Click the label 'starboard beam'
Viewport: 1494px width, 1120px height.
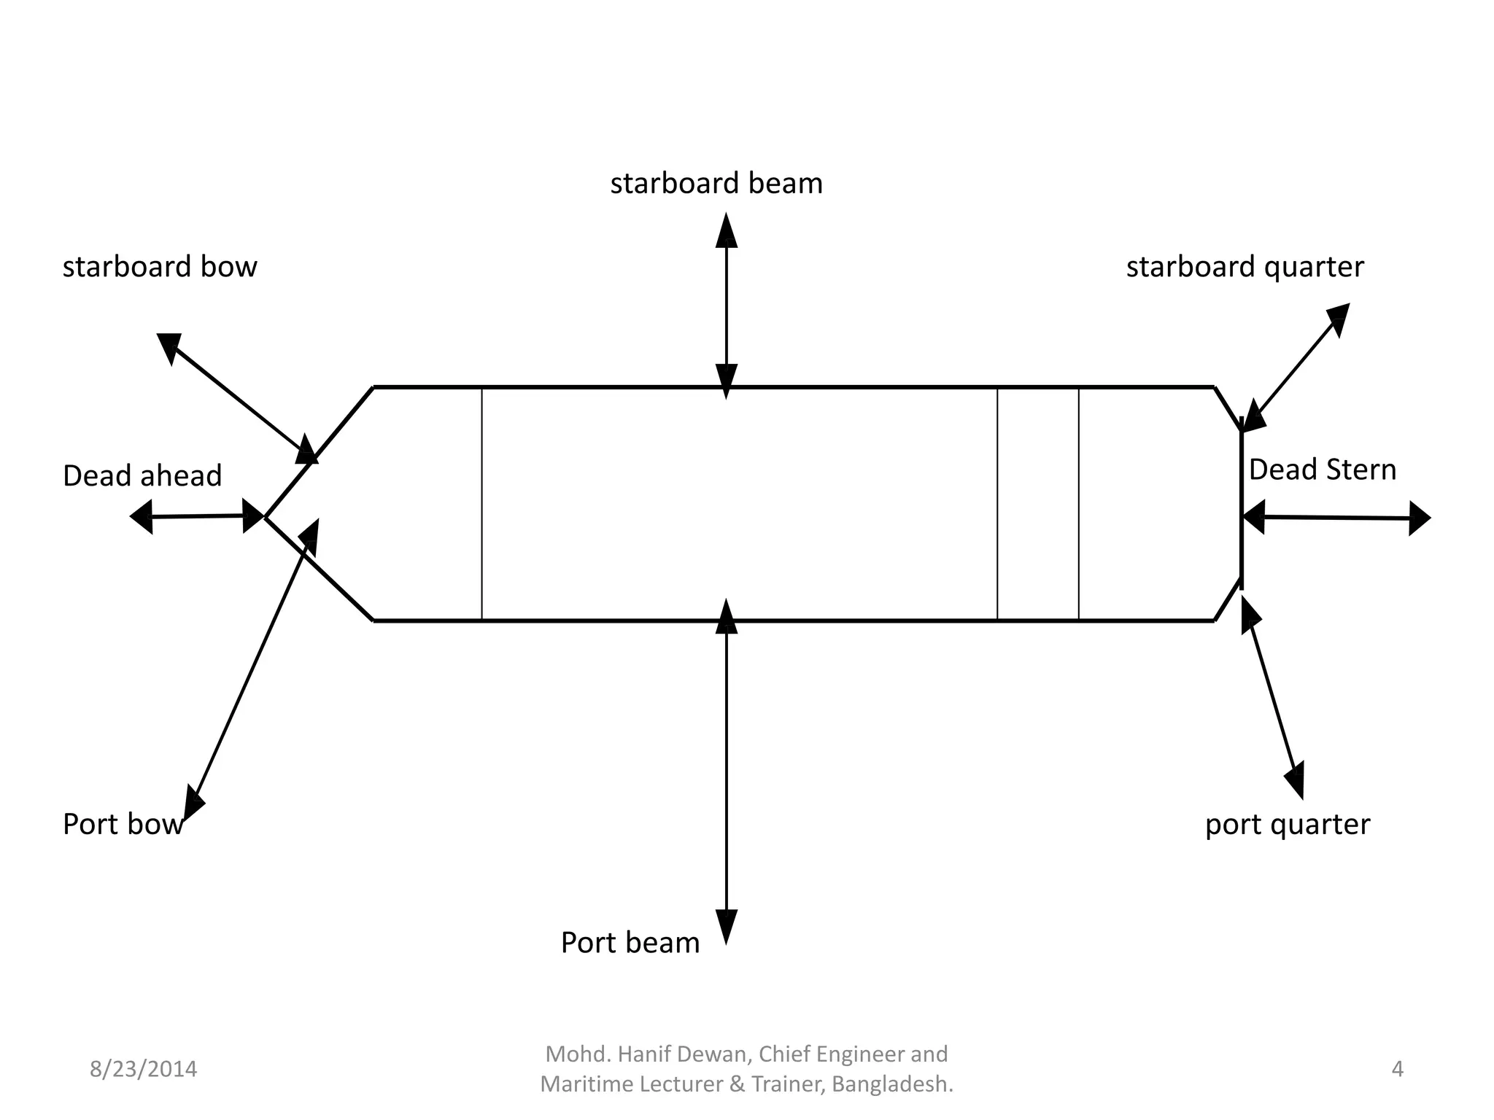[716, 184]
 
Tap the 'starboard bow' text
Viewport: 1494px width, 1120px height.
[160, 268]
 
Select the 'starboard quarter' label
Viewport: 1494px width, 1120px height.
[1245, 268]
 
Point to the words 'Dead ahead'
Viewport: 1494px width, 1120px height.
[142, 476]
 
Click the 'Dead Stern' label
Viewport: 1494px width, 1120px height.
[1322, 470]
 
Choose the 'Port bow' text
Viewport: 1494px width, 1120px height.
[122, 825]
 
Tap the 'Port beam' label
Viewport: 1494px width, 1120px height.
[630, 943]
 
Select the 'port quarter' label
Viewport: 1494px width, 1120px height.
[1288, 825]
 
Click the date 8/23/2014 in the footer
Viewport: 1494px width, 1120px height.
[143, 1069]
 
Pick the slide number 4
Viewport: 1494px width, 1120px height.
[1397, 1069]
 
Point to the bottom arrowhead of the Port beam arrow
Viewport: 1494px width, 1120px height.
[726, 926]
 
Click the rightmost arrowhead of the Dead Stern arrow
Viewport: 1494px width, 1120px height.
[1418, 518]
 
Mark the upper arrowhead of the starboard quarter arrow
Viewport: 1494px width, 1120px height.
[1339, 319]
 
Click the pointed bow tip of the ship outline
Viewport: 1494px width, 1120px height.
[266, 517]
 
